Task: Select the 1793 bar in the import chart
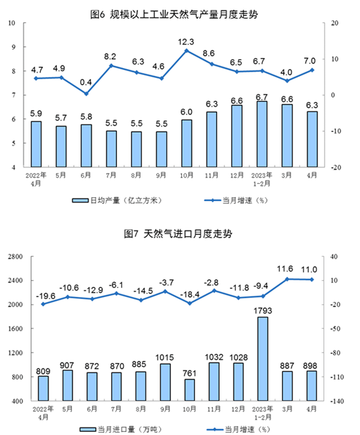(262, 359)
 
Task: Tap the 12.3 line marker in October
(186, 50)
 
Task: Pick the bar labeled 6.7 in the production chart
(262, 134)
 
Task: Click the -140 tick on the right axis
(336, 401)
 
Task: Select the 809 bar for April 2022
(43, 388)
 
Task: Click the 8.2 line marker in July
(110, 65)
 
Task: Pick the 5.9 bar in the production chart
(36, 144)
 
